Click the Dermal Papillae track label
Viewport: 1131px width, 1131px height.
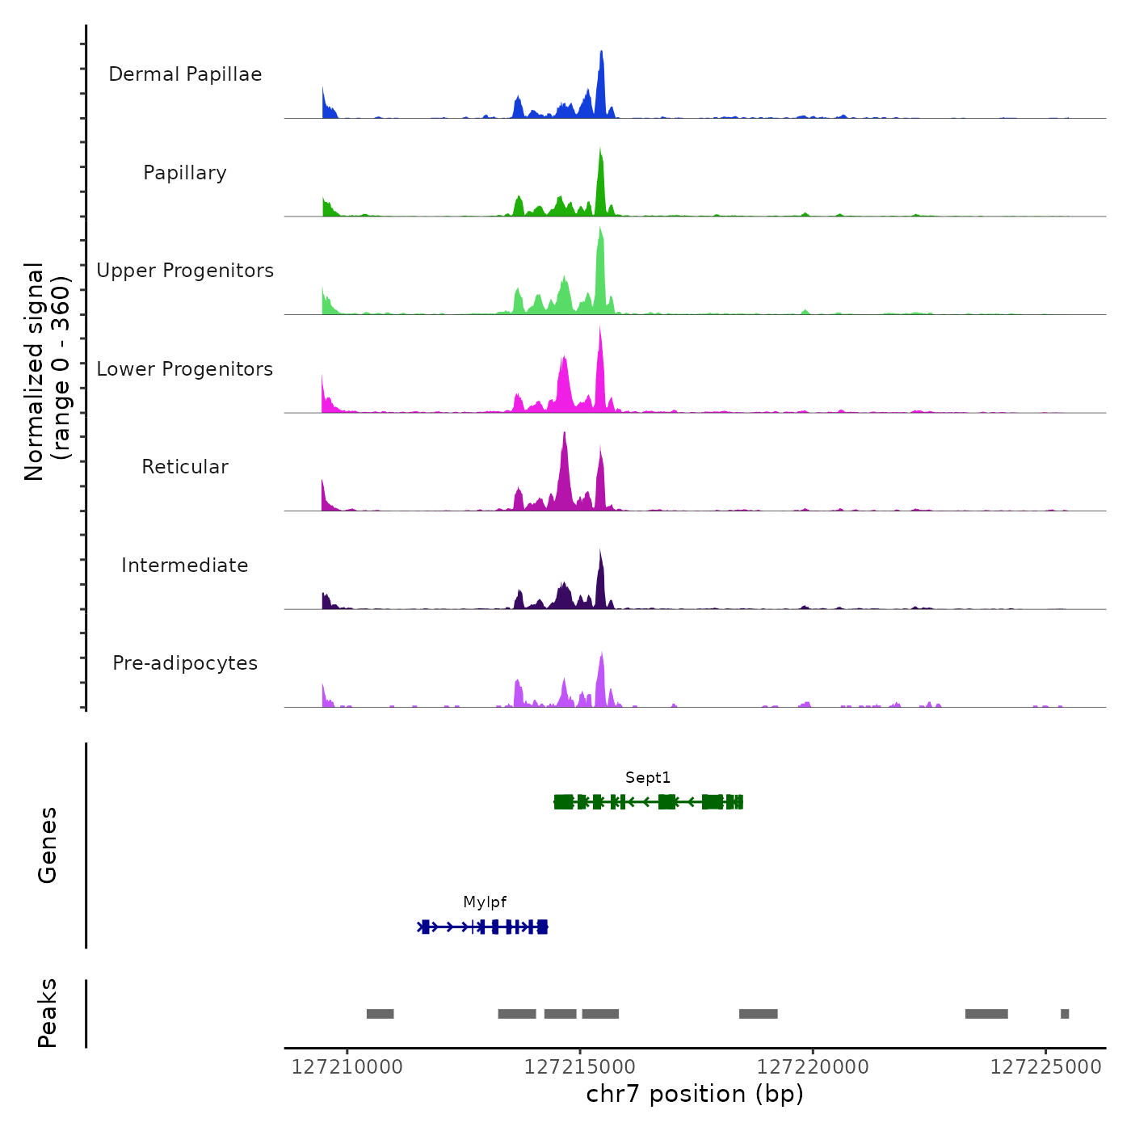click(x=185, y=74)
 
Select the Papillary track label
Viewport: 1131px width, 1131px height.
click(x=185, y=173)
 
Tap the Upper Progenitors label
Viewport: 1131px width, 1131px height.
click(x=185, y=271)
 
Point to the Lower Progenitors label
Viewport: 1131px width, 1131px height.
click(x=185, y=369)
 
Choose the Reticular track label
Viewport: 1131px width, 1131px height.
click(x=185, y=467)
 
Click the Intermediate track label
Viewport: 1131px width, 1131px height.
click(x=185, y=565)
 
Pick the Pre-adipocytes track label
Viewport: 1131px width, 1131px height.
click(x=185, y=663)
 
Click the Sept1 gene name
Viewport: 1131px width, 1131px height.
click(x=648, y=778)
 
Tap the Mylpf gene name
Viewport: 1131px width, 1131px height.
click(x=485, y=902)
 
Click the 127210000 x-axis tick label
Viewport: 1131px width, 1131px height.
click(x=347, y=1067)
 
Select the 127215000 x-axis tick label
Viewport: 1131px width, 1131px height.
click(x=579, y=1067)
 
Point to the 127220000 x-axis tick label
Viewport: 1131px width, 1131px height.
click(x=813, y=1067)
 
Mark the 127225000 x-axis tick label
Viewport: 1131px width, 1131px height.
click(x=1045, y=1067)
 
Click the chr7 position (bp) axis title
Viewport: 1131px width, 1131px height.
click(x=695, y=1095)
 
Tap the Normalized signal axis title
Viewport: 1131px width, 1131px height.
click(x=47, y=371)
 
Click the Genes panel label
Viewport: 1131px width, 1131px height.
click(x=48, y=845)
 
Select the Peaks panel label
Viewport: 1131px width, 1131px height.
click(x=48, y=1013)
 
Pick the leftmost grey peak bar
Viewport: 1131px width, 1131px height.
click(x=380, y=1014)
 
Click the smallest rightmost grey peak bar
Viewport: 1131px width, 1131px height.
click(x=1065, y=1014)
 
